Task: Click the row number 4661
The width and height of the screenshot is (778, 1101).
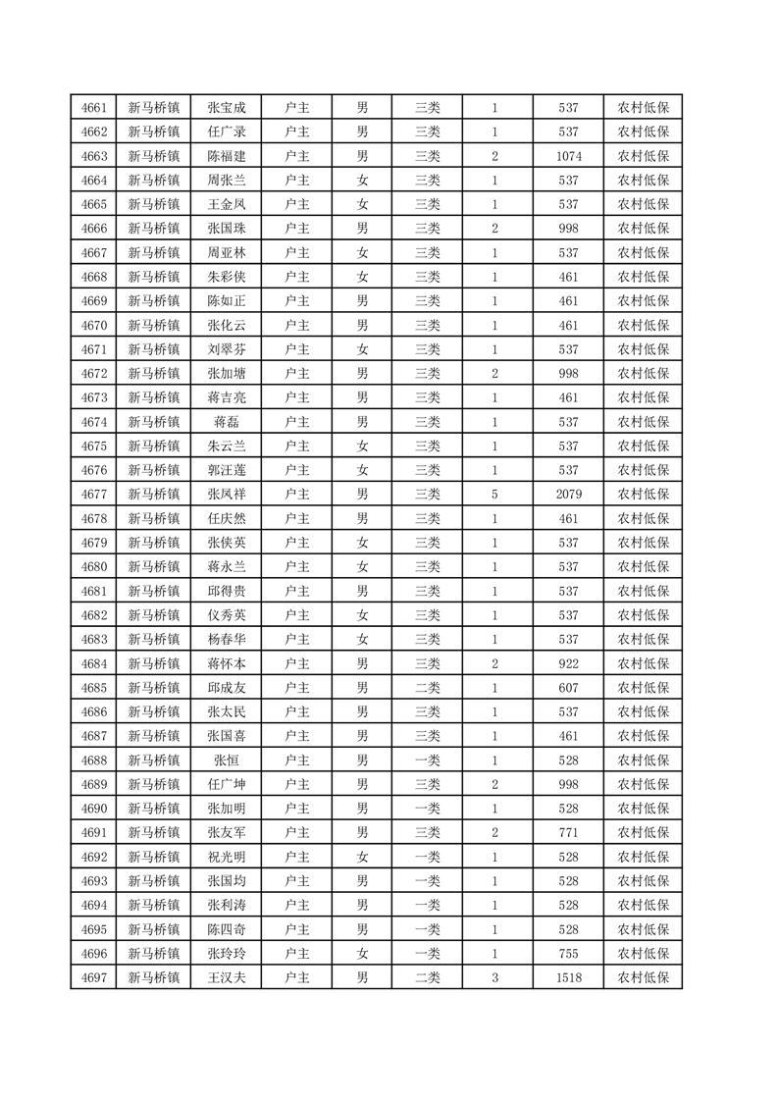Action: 93,108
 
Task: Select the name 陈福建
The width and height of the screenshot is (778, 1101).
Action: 227,156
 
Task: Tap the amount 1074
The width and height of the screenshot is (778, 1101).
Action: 568,156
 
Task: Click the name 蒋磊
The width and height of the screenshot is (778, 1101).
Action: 227,423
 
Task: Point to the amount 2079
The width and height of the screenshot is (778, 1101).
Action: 568,495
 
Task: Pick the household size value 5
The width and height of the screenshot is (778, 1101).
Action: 494,495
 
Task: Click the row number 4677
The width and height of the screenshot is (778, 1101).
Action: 93,495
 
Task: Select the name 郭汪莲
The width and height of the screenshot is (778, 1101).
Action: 227,471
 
